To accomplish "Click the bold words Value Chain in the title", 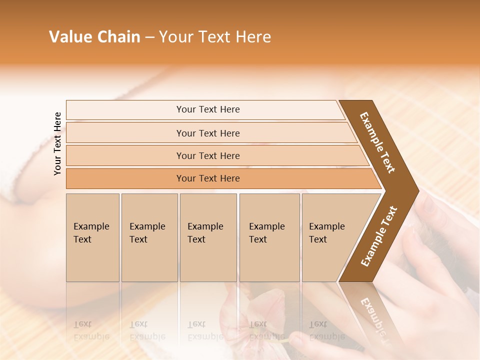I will point(94,37).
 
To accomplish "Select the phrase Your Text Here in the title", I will point(215,37).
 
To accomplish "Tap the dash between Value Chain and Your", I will point(149,37).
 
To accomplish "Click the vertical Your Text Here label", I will point(57,143).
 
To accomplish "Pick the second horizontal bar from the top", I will point(208,133).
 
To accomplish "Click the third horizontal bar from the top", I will point(208,155).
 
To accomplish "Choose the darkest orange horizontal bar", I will point(208,178).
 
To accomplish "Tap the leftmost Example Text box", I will point(92,237).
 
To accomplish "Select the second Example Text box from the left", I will point(149,237).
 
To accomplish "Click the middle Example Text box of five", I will point(208,237).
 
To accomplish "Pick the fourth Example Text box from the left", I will point(269,237).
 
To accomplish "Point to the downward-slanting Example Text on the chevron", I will point(377,142).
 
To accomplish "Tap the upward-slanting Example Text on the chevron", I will point(379,236).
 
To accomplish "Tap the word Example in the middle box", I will point(205,226).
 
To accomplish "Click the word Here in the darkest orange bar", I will point(229,178).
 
